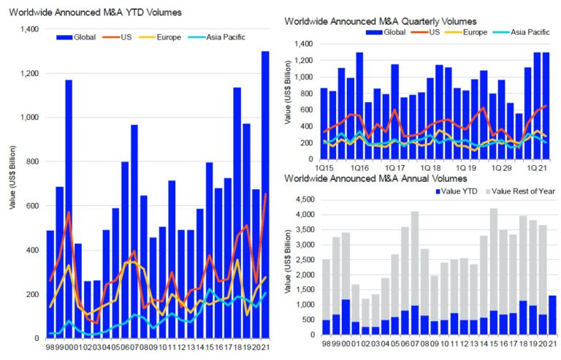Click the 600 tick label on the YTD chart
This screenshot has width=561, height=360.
32,206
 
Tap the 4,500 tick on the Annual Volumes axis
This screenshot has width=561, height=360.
306,199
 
